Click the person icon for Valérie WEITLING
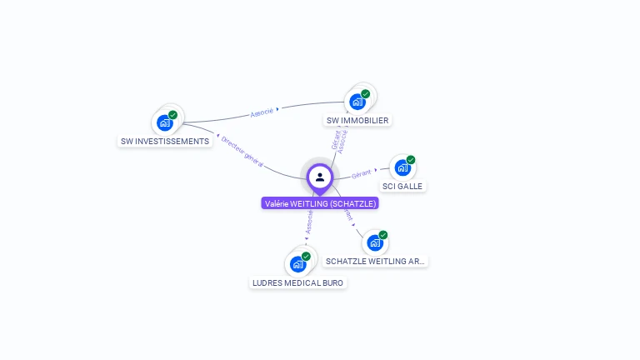[x=320, y=177]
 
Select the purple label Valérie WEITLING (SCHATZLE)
[x=320, y=203]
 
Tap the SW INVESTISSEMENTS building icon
[x=165, y=122]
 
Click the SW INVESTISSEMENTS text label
[x=165, y=142]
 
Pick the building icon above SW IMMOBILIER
[x=357, y=102]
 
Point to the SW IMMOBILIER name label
[x=357, y=120]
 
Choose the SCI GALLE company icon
[x=402, y=167]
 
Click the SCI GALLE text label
[x=402, y=186]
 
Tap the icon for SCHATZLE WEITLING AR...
[x=375, y=242]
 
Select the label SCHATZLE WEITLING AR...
[x=376, y=262]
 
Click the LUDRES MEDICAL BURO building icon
[x=297, y=264]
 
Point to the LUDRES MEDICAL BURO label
[x=297, y=283]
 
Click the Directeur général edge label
[x=242, y=152]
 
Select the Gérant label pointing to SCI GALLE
[x=361, y=174]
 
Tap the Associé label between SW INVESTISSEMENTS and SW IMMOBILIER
[x=262, y=112]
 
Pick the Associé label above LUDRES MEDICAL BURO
[x=309, y=221]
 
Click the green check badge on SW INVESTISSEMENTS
[x=172, y=115]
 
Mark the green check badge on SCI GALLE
[x=410, y=160]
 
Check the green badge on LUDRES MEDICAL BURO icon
[x=306, y=257]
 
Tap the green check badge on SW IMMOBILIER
[x=365, y=94]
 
